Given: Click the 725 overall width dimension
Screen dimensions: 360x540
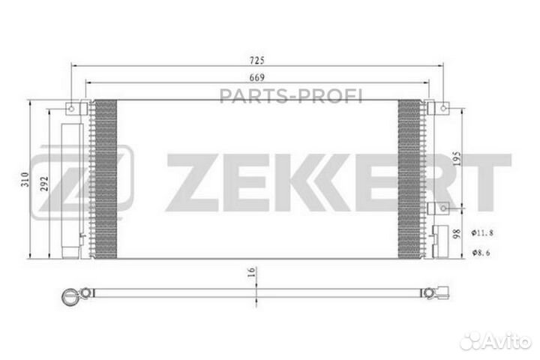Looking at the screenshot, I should coord(256,59).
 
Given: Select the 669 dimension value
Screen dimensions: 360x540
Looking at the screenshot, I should coord(256,76).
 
